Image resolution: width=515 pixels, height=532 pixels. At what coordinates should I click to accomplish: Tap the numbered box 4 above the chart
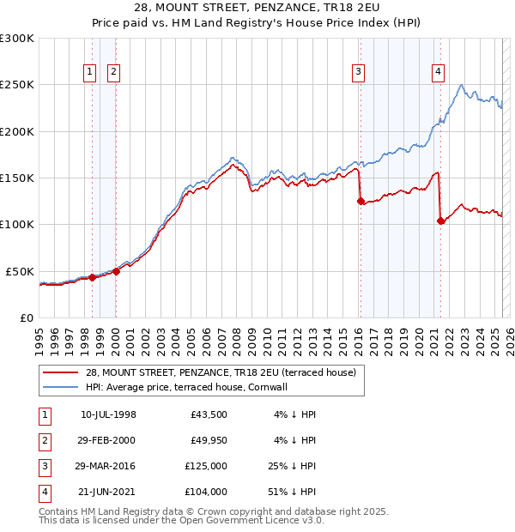coord(438,73)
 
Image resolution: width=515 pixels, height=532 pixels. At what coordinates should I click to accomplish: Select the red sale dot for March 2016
coord(360,202)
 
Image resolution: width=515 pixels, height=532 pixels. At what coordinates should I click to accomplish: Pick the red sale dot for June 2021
coord(440,221)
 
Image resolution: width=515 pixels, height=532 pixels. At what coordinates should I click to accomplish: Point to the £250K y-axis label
coord(17,85)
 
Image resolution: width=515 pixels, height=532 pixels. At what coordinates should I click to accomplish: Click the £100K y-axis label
coord(17,224)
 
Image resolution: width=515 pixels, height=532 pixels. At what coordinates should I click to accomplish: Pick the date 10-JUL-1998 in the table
coord(108,414)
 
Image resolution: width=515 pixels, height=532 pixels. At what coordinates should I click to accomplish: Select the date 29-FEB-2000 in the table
coord(108,440)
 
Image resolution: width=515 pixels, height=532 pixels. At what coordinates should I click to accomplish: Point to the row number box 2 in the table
coord(42,440)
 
